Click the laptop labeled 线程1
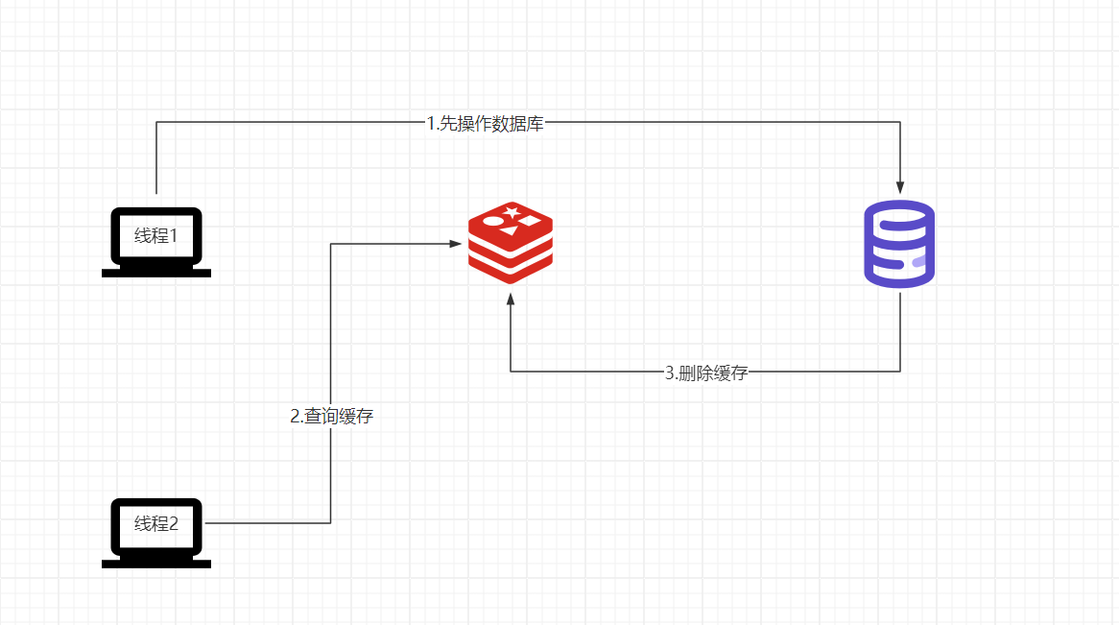pyautogui.click(x=156, y=242)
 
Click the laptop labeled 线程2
pyautogui.click(x=156, y=533)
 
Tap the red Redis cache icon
pyautogui.click(x=511, y=243)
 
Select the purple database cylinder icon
pyautogui.click(x=899, y=244)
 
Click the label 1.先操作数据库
pyautogui.click(x=486, y=124)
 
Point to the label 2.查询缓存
pyautogui.click(x=332, y=417)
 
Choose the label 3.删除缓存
pyautogui.click(x=706, y=373)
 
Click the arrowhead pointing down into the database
pyautogui.click(x=900, y=188)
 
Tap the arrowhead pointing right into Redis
pyautogui.click(x=455, y=244)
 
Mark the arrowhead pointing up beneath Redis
pyautogui.click(x=511, y=300)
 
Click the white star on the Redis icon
pyautogui.click(x=512, y=212)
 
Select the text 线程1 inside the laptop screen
pyautogui.click(x=156, y=236)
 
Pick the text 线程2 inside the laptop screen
pyautogui.click(x=156, y=523)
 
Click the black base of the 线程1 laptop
pyautogui.click(x=156, y=273)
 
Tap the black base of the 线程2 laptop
pyautogui.click(x=156, y=564)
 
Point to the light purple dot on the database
pyautogui.click(x=919, y=261)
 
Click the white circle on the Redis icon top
pyautogui.click(x=493, y=221)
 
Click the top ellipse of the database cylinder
pyautogui.click(x=899, y=214)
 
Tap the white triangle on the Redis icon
pyautogui.click(x=509, y=230)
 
